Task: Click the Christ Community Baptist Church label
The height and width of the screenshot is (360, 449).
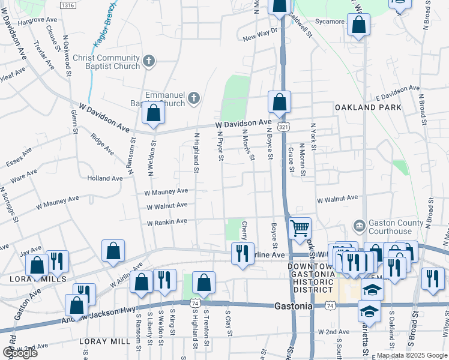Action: pyautogui.click(x=106, y=62)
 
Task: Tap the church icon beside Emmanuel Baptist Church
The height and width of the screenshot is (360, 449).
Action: pyautogui.click(x=193, y=98)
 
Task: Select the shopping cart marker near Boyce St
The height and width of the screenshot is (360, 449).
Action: pyautogui.click(x=300, y=228)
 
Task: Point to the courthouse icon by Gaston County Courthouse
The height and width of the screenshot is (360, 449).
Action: pyautogui.click(x=359, y=226)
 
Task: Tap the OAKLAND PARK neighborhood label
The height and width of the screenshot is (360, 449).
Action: pyautogui.click(x=368, y=107)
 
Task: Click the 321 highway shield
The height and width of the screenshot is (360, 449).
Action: pyautogui.click(x=284, y=127)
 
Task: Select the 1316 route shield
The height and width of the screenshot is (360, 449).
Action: pyautogui.click(x=68, y=5)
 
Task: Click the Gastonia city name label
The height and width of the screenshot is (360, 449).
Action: pyautogui.click(x=293, y=306)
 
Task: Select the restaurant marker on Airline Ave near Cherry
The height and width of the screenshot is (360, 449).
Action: pyautogui.click(x=243, y=252)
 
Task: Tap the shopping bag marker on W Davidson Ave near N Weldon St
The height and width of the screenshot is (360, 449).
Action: pyautogui.click(x=154, y=113)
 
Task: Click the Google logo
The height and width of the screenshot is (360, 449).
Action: pyautogui.click(x=20, y=353)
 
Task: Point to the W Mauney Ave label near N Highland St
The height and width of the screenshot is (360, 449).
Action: pyautogui.click(x=166, y=192)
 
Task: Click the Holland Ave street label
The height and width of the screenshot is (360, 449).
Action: pyautogui.click(x=104, y=178)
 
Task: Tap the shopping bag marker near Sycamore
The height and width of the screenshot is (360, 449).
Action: pyautogui.click(x=358, y=25)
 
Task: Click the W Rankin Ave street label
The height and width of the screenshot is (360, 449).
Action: pyautogui.click(x=167, y=222)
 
